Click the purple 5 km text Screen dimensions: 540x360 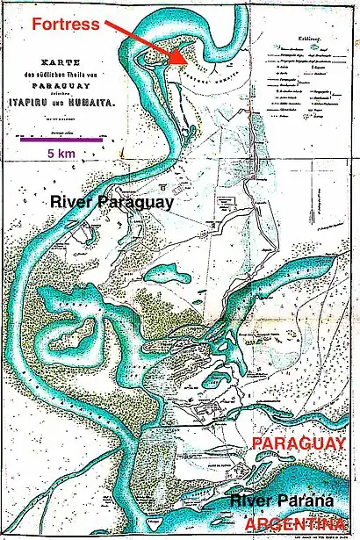60,153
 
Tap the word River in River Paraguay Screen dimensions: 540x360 75,202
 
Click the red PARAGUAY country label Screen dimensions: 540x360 299,444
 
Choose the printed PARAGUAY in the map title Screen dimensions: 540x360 59,86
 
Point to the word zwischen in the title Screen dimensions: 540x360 59,96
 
